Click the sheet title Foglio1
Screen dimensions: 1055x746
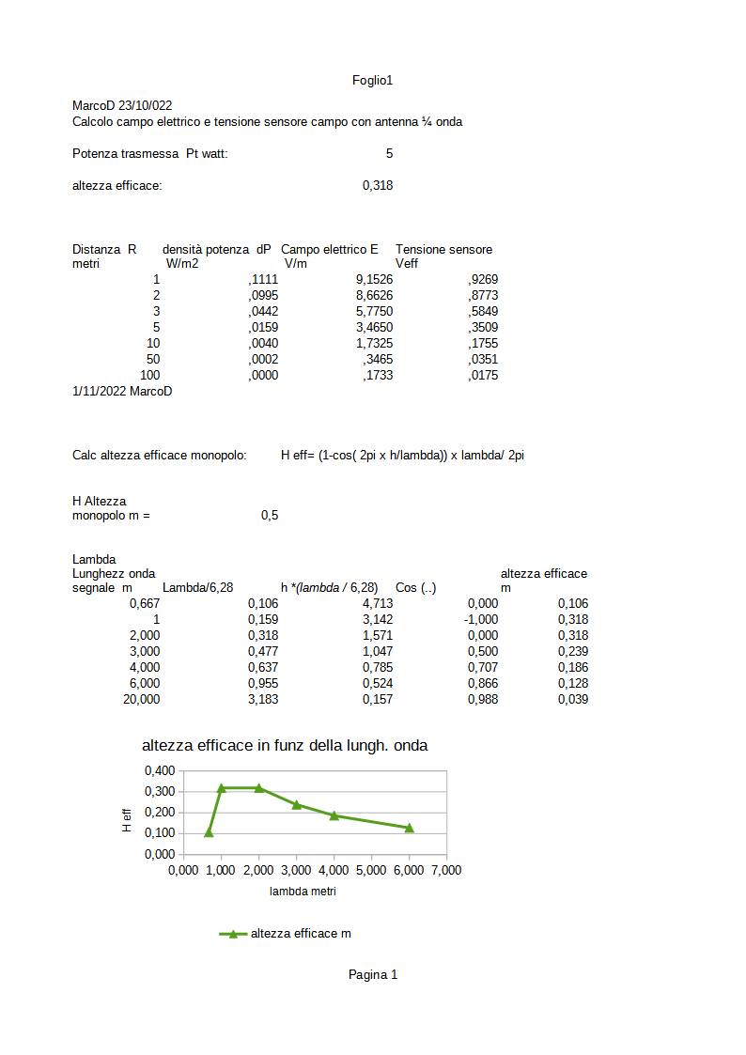click(x=372, y=81)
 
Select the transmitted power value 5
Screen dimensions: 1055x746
click(x=389, y=153)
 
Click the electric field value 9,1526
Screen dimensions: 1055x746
click(x=374, y=279)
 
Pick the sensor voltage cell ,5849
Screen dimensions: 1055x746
click(x=483, y=311)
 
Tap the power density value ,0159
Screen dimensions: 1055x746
click(x=263, y=327)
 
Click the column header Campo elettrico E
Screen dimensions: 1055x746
click(x=330, y=249)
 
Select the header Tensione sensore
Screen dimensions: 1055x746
click(x=443, y=249)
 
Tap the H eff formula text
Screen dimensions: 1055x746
click(x=402, y=455)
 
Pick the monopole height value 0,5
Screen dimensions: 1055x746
click(x=270, y=515)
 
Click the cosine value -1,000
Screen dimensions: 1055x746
click(x=481, y=619)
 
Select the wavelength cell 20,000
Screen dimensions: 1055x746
click(x=142, y=699)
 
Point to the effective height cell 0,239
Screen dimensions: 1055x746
click(x=573, y=651)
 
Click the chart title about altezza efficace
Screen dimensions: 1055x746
click(x=285, y=746)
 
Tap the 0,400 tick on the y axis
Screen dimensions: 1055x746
click(x=160, y=770)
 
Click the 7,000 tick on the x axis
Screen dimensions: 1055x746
click(x=445, y=870)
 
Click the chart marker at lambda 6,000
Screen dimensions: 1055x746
click(x=410, y=828)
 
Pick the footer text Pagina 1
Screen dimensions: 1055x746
click(x=373, y=974)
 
